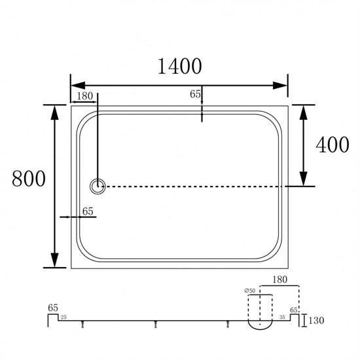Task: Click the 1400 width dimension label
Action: [180, 66]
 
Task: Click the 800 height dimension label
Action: [29, 179]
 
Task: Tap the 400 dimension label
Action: [333, 145]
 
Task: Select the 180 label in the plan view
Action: [84, 96]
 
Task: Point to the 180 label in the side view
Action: [280, 279]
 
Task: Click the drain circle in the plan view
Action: [98, 187]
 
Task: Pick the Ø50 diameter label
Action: [250, 291]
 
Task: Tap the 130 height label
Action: [316, 321]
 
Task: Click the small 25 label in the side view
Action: [63, 317]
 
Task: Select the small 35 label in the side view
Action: [282, 317]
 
